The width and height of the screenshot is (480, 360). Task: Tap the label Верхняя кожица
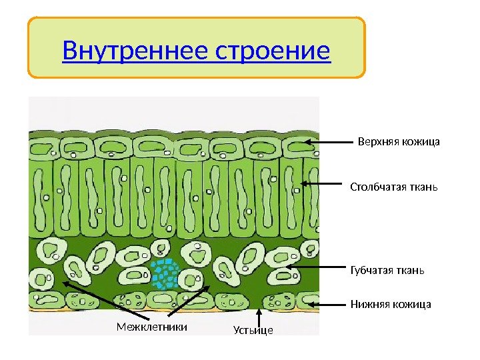pos(399,141)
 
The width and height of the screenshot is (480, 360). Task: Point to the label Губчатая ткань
pos(387,270)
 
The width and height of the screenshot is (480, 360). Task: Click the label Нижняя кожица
pos(391,305)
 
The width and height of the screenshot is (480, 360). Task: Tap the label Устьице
pos(253,329)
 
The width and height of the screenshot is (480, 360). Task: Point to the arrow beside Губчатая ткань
pos(313,269)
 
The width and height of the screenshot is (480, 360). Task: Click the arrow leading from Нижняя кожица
pos(326,305)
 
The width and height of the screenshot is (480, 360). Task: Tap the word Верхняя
pos(378,141)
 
